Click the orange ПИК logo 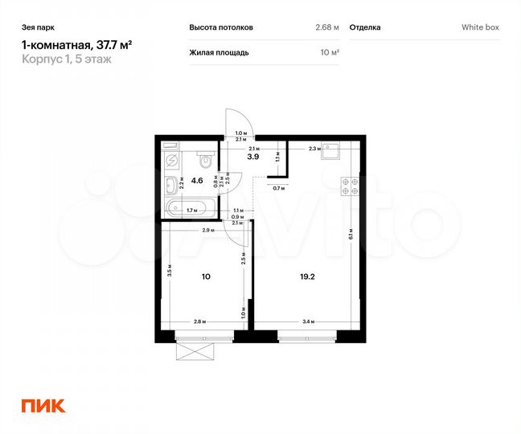point(43,406)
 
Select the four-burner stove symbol point(351,186)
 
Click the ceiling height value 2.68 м point(326,27)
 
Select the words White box point(480,27)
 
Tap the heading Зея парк point(35,27)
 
